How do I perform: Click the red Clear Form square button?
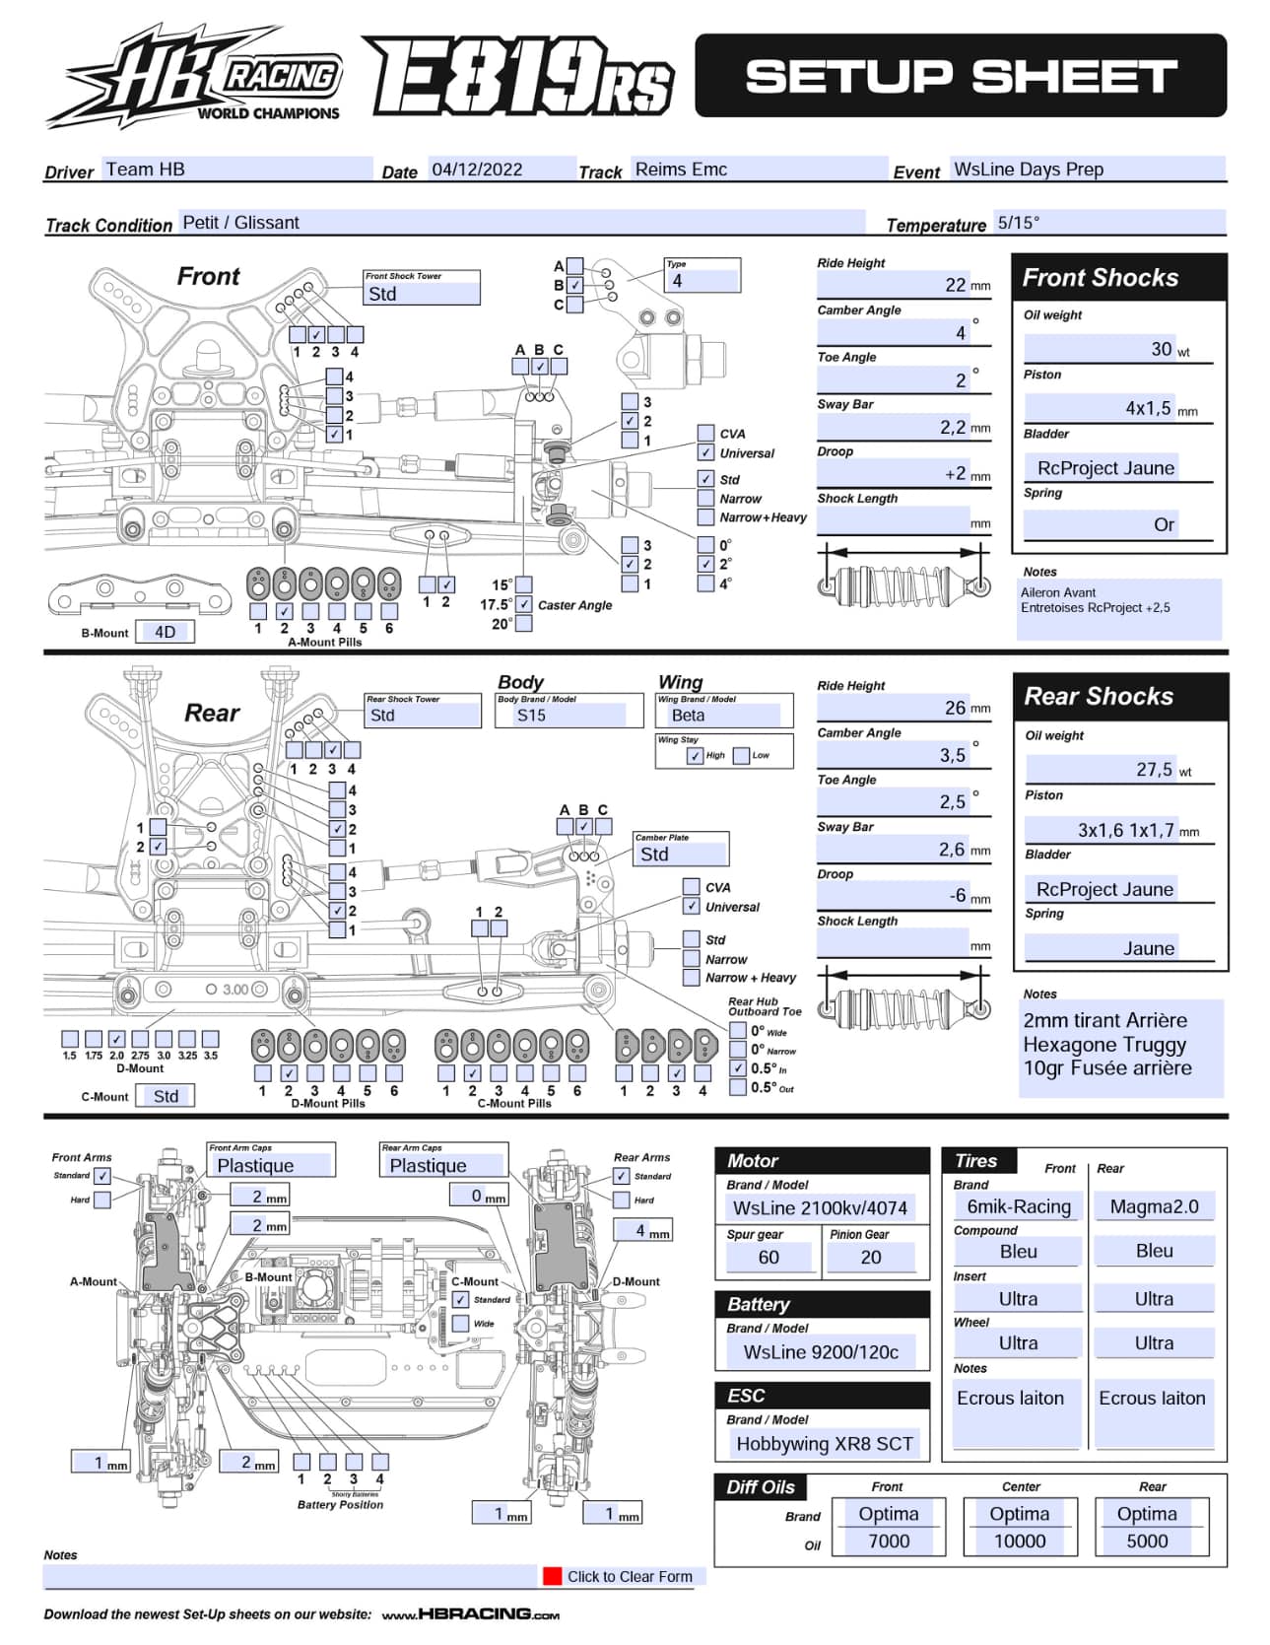pyautogui.click(x=552, y=1576)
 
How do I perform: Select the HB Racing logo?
pyautogui.click(x=194, y=77)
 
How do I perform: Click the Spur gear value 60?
pyautogui.click(x=769, y=1257)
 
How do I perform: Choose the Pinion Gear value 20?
pyautogui.click(x=871, y=1257)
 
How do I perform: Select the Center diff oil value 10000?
pyautogui.click(x=1020, y=1541)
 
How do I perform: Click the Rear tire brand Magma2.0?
pyautogui.click(x=1154, y=1206)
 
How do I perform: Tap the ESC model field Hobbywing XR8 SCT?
pyautogui.click(x=825, y=1443)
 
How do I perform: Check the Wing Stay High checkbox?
pyautogui.click(x=695, y=756)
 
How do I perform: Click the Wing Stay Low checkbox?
pyautogui.click(x=741, y=756)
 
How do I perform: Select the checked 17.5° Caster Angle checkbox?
pyautogui.click(x=524, y=604)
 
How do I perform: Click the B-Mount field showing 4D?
pyautogui.click(x=165, y=632)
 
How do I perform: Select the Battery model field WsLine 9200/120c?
pyautogui.click(x=821, y=1351)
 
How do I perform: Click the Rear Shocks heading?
pyautogui.click(x=1099, y=696)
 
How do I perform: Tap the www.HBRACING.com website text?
pyautogui.click(x=470, y=1613)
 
